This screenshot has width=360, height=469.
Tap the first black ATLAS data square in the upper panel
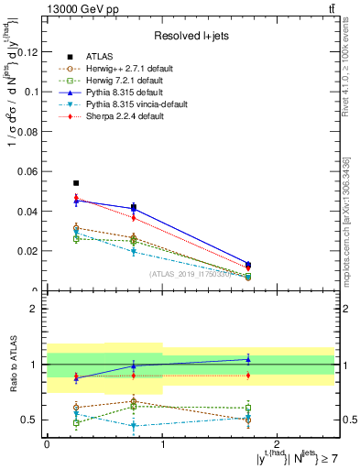(x=76, y=183)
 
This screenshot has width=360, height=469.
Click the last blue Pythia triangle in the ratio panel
(x=248, y=359)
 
